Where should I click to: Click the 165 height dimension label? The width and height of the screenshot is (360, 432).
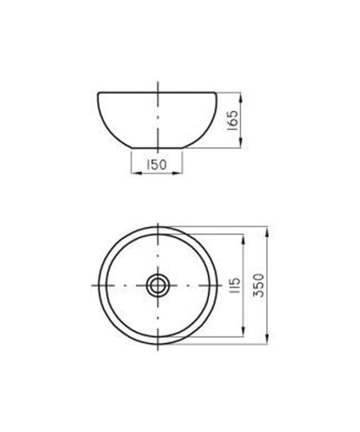coord(233,120)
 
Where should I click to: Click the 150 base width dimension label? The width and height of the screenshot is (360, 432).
coord(157,165)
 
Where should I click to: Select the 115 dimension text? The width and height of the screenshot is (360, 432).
coord(236,286)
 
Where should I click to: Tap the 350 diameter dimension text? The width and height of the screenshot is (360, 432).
coord(258,286)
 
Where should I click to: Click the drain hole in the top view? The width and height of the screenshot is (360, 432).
coord(157,285)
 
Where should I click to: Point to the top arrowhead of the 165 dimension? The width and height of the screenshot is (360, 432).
coord(241,96)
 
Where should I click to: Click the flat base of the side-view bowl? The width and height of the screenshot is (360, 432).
coord(157,148)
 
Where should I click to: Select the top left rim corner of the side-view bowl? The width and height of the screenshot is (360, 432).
coord(99,93)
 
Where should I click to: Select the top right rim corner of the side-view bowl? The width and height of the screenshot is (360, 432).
coord(215,93)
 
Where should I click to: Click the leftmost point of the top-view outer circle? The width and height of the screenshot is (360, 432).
coord(99,285)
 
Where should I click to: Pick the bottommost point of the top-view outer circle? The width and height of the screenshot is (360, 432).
coord(157,344)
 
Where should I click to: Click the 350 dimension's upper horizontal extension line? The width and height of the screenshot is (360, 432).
coord(223,227)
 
